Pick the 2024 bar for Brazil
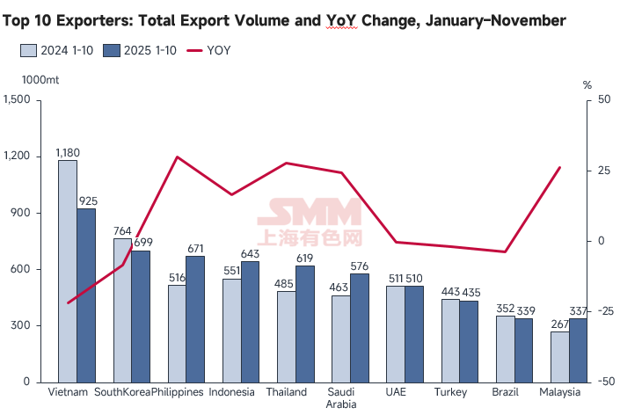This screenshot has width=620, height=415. [505, 349]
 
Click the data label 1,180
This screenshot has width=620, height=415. [68, 153]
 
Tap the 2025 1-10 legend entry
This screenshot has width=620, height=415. [139, 50]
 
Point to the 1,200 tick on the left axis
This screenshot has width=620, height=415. [17, 157]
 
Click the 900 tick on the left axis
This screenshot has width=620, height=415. [20, 213]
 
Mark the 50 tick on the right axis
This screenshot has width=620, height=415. [602, 100]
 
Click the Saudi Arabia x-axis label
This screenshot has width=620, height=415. [340, 398]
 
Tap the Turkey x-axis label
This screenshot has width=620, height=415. [449, 392]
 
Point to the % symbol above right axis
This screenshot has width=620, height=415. [587, 85]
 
